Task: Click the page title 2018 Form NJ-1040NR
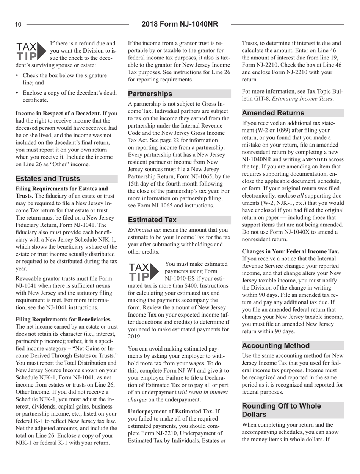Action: (x=180, y=25)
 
